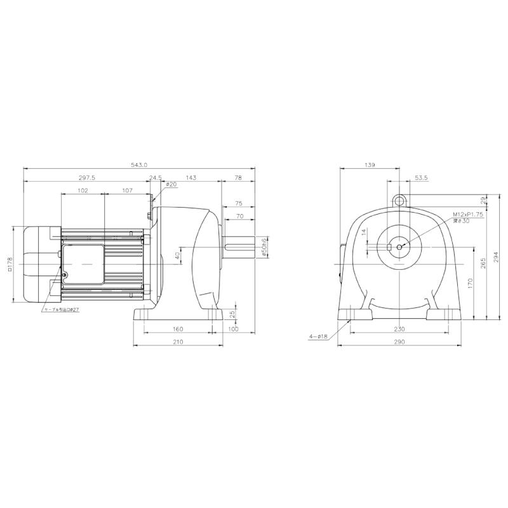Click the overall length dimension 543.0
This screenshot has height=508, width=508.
(x=139, y=165)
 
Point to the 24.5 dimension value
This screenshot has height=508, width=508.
(x=156, y=178)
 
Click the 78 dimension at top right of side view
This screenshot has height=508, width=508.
(x=238, y=178)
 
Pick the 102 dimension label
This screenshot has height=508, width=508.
(x=82, y=190)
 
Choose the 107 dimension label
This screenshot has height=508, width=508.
(x=126, y=190)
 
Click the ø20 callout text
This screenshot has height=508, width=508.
(x=171, y=185)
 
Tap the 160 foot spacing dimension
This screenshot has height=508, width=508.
(x=177, y=329)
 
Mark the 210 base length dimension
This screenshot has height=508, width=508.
(x=177, y=342)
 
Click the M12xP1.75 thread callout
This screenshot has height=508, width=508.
(x=468, y=215)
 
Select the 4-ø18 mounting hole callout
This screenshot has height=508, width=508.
(x=317, y=337)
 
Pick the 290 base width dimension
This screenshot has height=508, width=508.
(x=398, y=342)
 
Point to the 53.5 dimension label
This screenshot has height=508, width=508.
(x=421, y=178)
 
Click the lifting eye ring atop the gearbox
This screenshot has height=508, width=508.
(x=399, y=201)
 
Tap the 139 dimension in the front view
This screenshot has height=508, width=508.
(x=370, y=165)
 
